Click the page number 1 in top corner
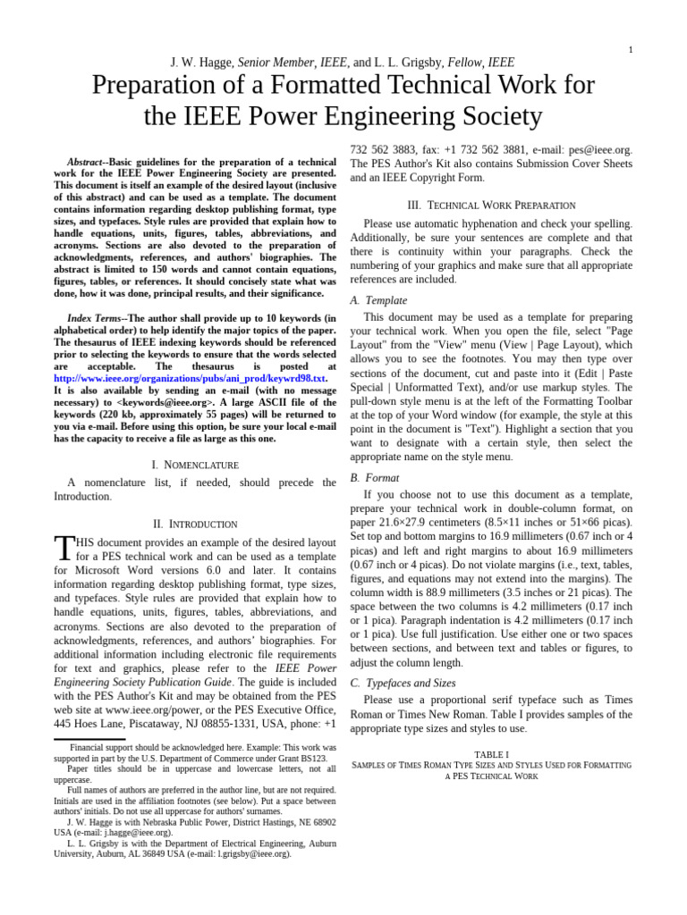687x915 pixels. click(630, 50)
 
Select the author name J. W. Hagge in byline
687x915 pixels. click(201, 63)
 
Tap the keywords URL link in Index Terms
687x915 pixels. click(190, 378)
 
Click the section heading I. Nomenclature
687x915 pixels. click(195, 465)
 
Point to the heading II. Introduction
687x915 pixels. click(195, 524)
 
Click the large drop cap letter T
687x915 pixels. click(64, 549)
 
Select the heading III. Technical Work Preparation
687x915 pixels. click(491, 205)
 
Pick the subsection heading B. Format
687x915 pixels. click(375, 478)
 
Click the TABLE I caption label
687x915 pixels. click(491, 754)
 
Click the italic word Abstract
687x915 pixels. click(85, 163)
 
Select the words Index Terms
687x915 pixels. click(93, 318)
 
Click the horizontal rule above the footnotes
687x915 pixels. click(89, 739)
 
